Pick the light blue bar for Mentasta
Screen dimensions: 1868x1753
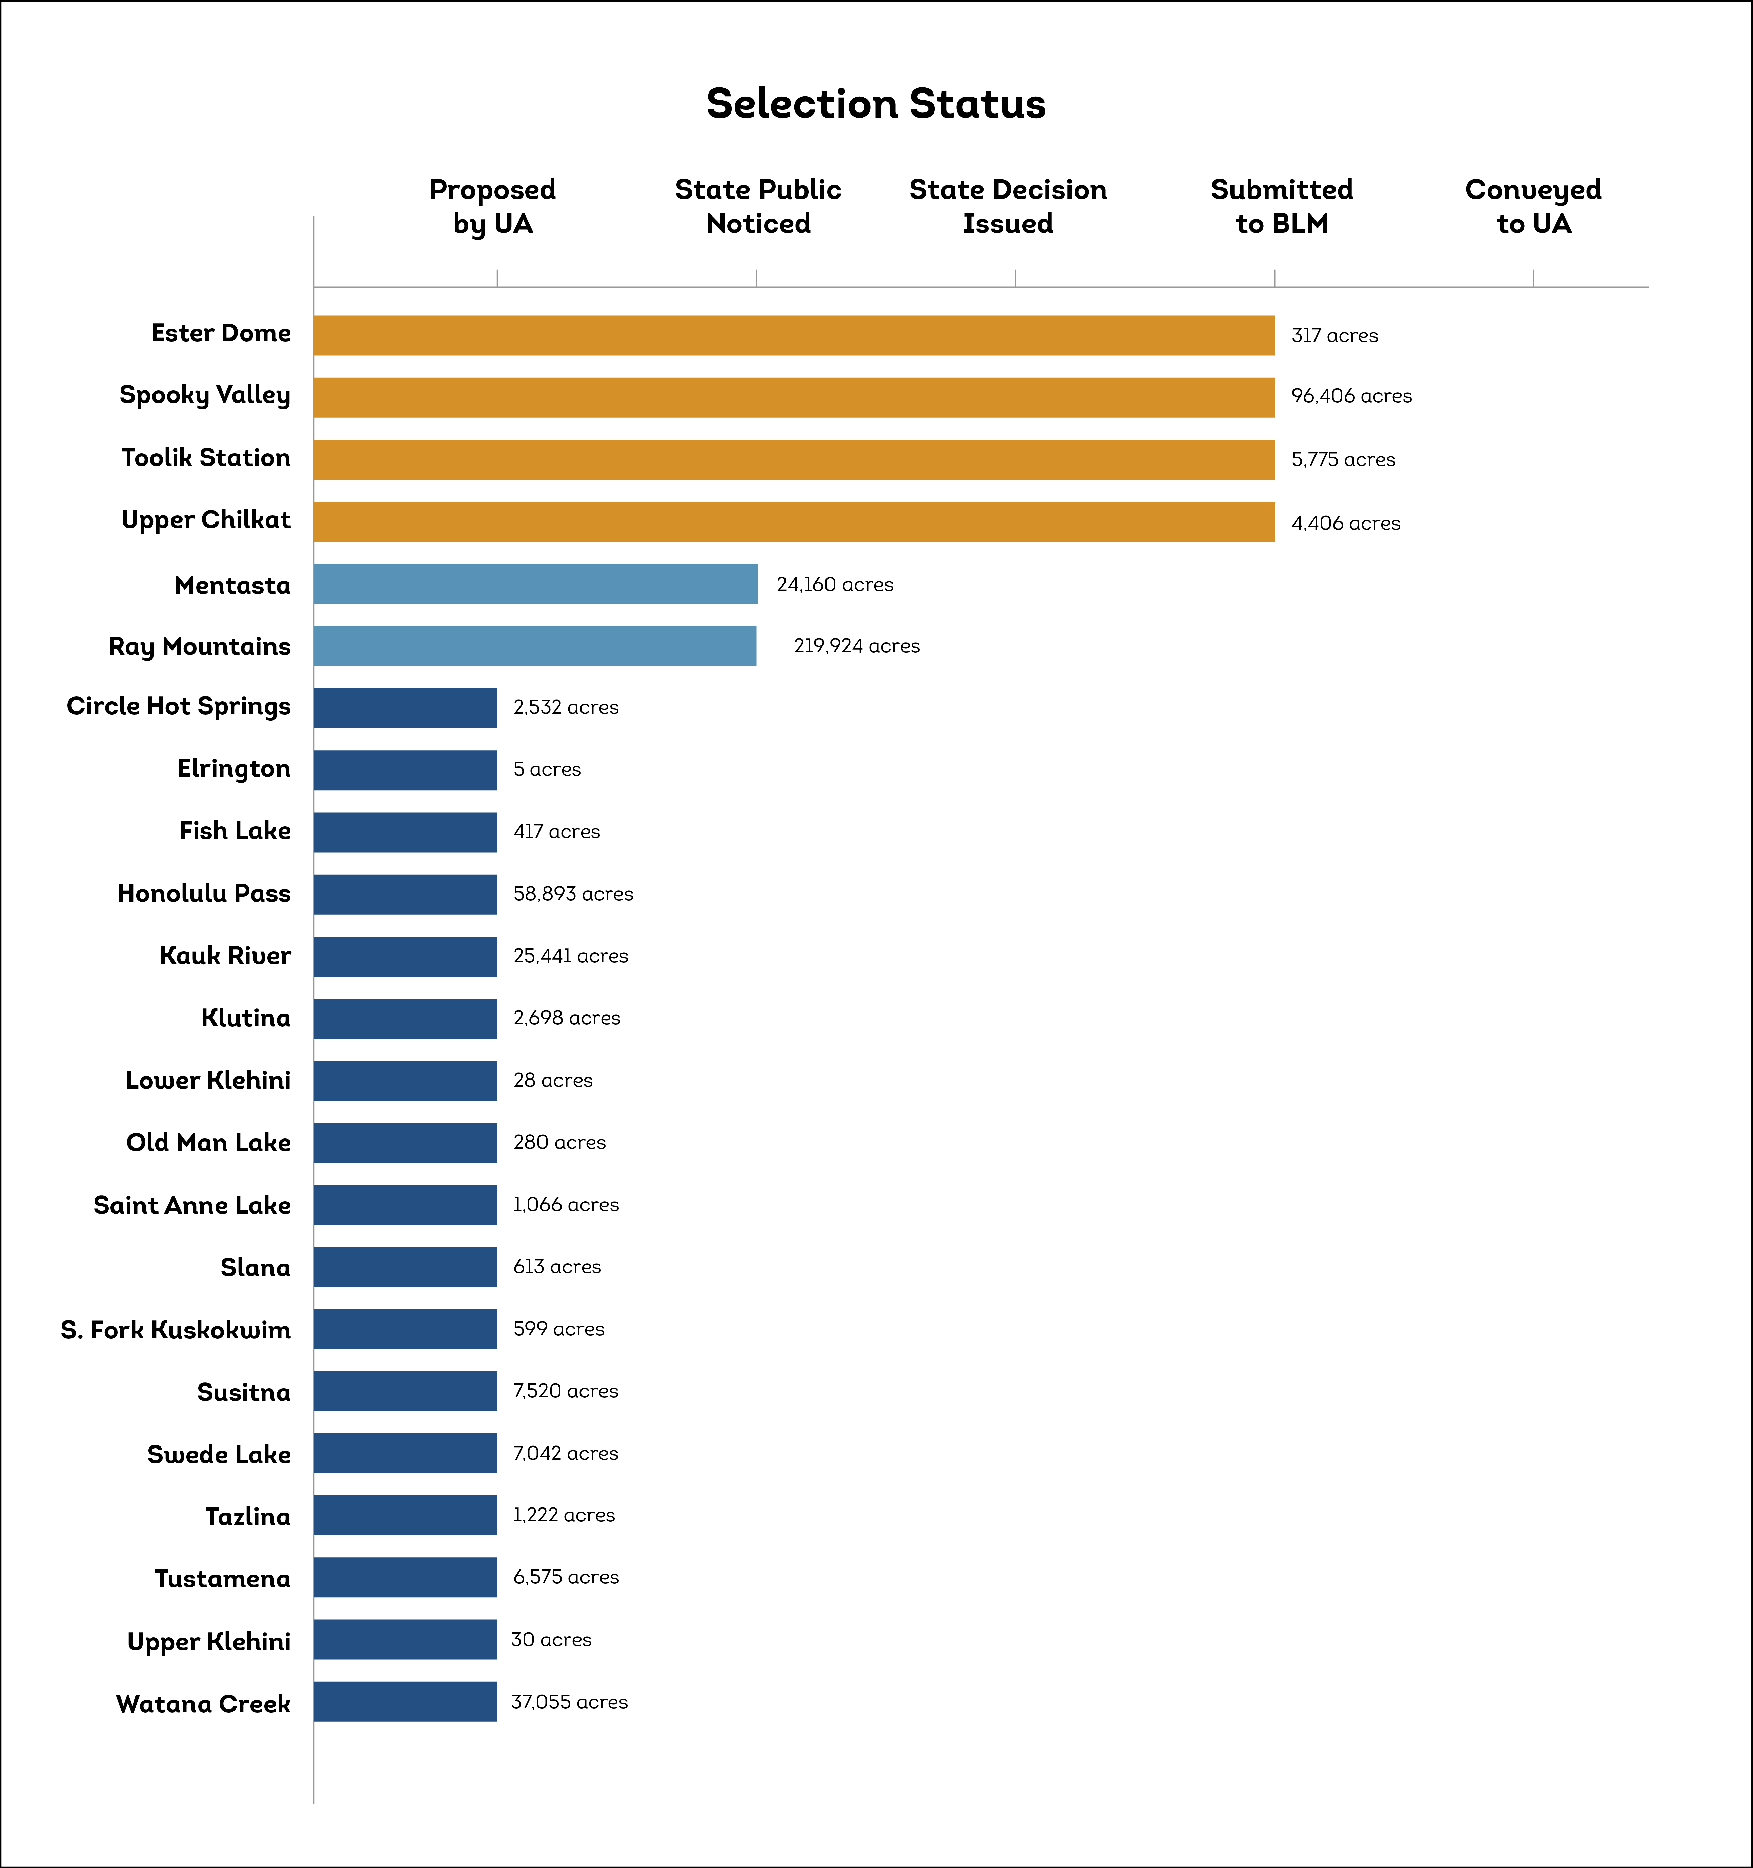(536, 583)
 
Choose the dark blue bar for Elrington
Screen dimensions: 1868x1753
(405, 769)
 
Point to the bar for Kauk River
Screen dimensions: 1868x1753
(405, 956)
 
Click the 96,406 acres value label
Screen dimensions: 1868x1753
(1351, 395)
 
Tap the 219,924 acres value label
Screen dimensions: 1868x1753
(856, 645)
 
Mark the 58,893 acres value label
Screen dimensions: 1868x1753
(572, 894)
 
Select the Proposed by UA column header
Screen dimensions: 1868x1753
(492, 206)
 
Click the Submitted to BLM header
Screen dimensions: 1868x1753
(1281, 206)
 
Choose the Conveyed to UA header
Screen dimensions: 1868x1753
(1533, 206)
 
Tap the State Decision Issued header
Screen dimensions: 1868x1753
(1007, 206)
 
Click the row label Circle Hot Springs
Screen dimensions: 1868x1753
(179, 706)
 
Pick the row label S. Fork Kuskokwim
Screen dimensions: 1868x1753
(176, 1330)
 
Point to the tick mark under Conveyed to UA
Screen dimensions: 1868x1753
(1533, 278)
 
